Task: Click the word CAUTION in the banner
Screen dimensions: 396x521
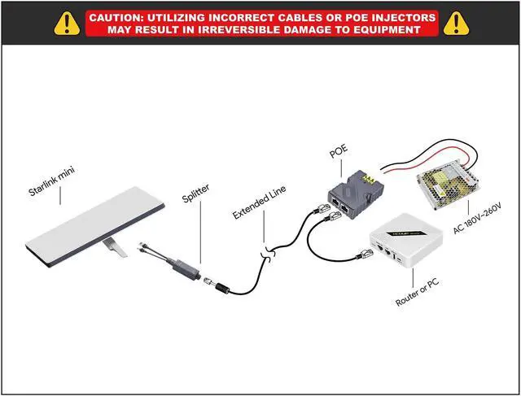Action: point(119,17)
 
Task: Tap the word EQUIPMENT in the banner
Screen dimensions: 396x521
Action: point(382,30)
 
